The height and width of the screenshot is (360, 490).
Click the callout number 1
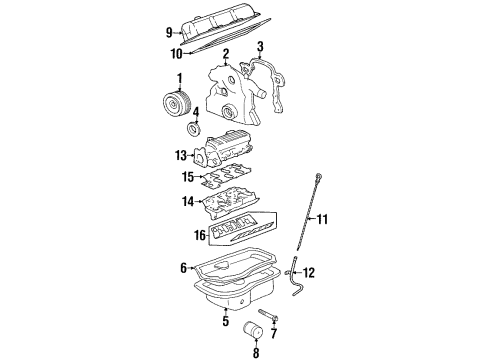[x=179, y=78]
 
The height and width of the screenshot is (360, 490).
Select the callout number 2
[x=227, y=53]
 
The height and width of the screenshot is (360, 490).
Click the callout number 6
[x=183, y=268]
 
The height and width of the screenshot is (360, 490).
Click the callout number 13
[x=181, y=155]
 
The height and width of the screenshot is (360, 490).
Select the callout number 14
[x=188, y=200]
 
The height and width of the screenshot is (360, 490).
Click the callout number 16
[x=199, y=236]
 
